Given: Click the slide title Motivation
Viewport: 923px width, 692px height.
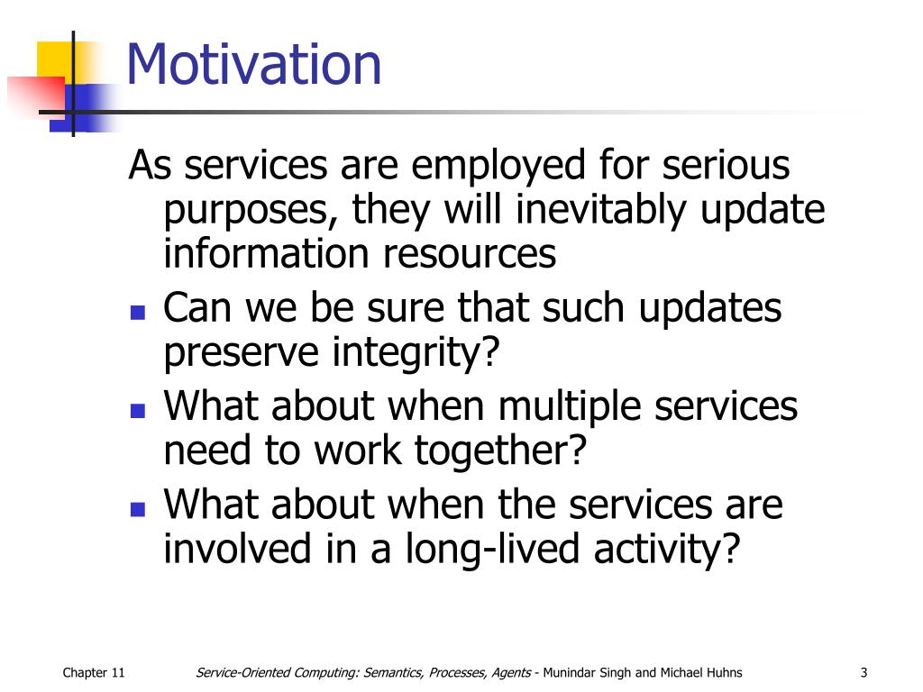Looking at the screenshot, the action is point(253,64).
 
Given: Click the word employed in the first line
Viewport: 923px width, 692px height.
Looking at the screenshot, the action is point(498,167).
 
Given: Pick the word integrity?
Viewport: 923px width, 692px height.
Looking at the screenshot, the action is point(416,353).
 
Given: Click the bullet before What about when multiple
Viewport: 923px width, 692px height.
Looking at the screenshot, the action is point(138,410).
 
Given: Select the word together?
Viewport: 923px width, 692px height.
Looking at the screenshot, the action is point(501,451).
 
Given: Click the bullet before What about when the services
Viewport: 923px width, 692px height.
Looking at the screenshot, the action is point(138,508).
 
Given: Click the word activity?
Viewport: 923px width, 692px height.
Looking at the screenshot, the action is point(666,550).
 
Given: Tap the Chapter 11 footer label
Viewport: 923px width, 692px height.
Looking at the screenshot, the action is point(94,672).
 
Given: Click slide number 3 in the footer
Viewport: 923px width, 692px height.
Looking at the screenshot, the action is point(864,672).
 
